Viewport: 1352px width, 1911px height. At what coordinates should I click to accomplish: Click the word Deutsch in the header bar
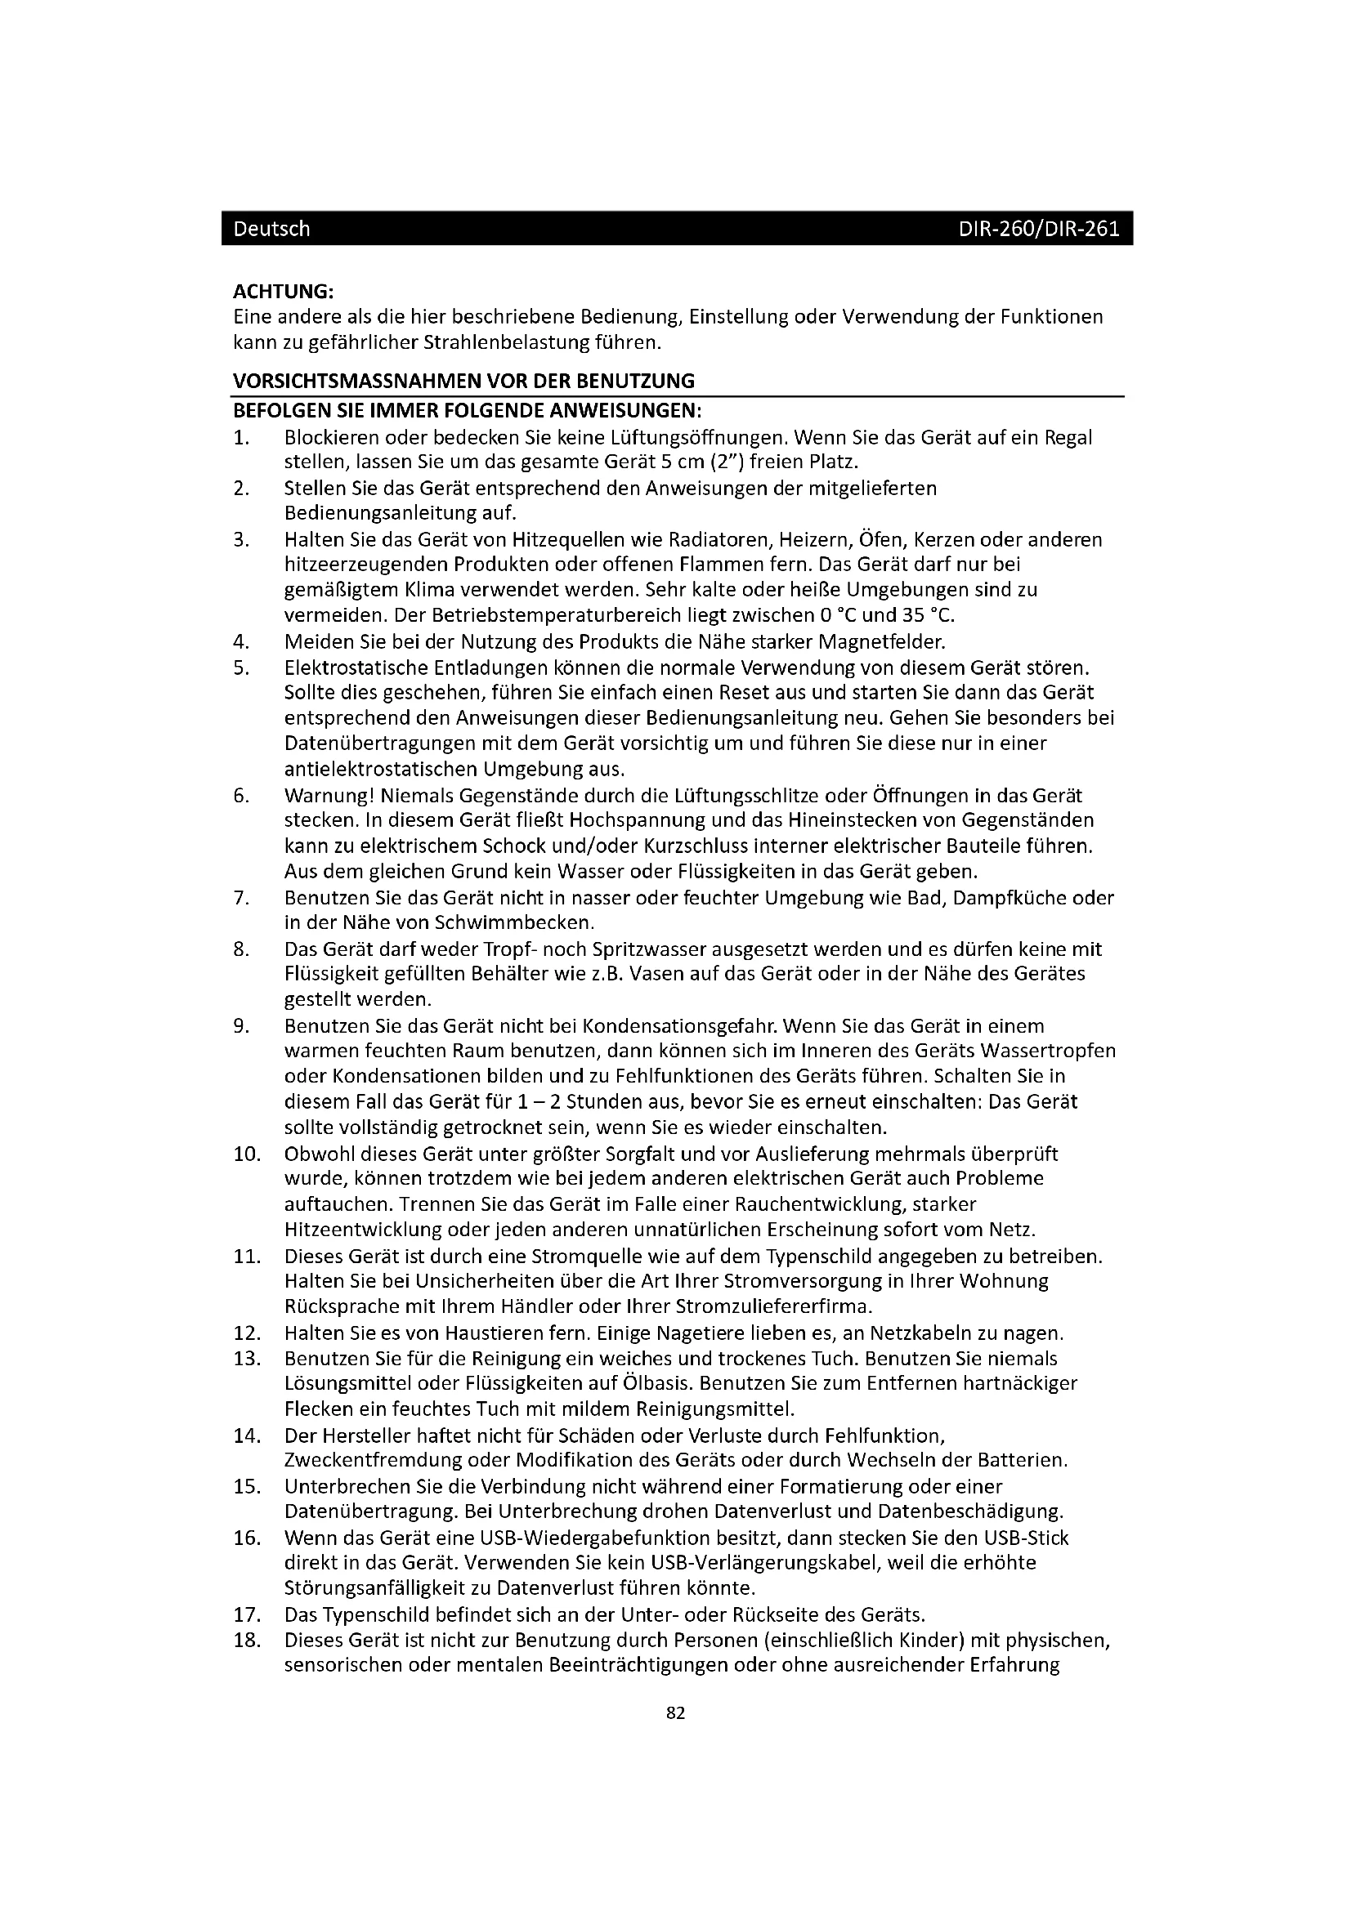click(271, 229)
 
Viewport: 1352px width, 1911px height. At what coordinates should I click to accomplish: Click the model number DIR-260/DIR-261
click(1038, 229)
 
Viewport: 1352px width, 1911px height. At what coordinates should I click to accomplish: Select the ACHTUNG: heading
click(283, 292)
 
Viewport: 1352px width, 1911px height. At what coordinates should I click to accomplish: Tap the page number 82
click(676, 1712)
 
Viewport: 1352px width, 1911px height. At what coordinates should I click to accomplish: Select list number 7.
click(241, 897)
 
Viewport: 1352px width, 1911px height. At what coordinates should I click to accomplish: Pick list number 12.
click(247, 1333)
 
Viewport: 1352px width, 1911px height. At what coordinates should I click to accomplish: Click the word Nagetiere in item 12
click(702, 1333)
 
